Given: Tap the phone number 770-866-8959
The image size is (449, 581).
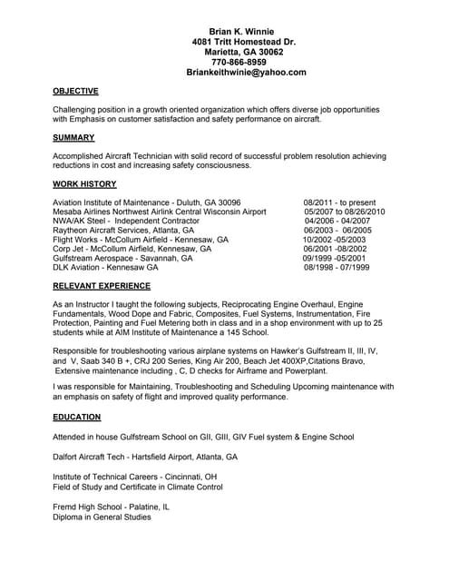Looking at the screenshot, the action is tap(245, 62).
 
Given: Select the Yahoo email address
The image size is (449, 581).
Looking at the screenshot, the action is tap(246, 72).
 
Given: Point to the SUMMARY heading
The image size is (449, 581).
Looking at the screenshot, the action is tap(73, 138).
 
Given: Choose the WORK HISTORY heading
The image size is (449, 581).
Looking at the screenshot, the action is tap(84, 183).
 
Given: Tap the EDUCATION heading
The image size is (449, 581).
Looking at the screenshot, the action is tap(77, 417).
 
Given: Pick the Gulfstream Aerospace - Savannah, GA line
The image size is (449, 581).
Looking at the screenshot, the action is tap(122, 258).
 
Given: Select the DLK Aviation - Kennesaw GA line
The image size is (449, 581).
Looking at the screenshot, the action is tap(106, 268).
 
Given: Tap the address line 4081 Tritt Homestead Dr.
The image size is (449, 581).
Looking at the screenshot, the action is tap(245, 42).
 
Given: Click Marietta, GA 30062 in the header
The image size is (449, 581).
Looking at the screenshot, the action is tap(245, 52).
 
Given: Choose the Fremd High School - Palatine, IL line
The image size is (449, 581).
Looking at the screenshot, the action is tap(111, 507).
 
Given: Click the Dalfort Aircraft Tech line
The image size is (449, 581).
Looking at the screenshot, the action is tap(145, 457).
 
